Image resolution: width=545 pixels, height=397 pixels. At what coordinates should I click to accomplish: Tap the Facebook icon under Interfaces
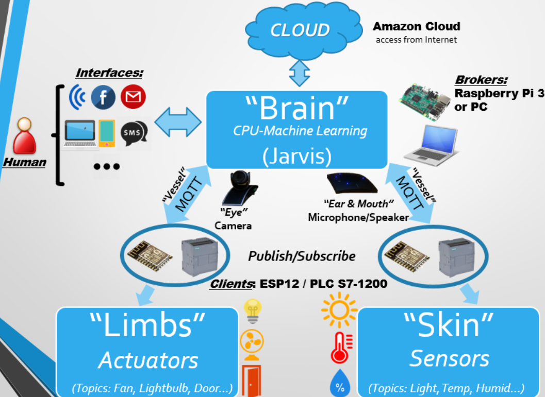click(103, 97)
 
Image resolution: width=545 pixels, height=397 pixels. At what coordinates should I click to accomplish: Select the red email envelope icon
click(133, 96)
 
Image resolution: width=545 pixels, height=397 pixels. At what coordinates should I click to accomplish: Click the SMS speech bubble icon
click(133, 133)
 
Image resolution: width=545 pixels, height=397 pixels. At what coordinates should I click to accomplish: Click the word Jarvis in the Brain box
click(296, 156)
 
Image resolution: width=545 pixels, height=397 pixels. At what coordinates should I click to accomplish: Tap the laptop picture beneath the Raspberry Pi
click(430, 144)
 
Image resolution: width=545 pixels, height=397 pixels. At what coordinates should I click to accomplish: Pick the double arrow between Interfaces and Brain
click(178, 123)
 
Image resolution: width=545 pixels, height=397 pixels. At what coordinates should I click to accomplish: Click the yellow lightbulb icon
click(252, 311)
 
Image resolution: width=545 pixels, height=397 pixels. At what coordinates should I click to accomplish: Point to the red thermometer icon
click(340, 348)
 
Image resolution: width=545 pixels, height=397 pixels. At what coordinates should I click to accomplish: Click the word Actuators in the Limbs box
click(148, 360)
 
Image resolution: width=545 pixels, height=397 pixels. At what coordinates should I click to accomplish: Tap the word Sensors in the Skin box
click(449, 358)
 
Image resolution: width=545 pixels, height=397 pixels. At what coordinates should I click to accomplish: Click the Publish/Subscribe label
click(302, 256)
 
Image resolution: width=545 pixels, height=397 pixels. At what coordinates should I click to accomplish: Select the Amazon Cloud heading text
click(416, 26)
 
